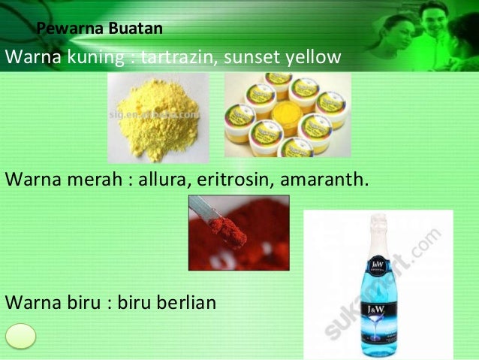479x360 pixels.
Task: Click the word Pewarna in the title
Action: [63, 29]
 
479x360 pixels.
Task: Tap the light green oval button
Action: [21, 335]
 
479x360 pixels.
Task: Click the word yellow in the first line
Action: [309, 57]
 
